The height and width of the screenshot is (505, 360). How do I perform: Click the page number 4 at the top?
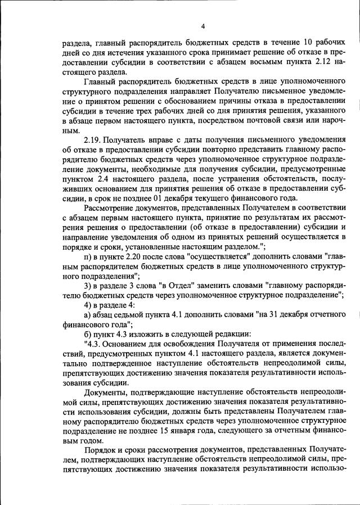pyautogui.click(x=204, y=25)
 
